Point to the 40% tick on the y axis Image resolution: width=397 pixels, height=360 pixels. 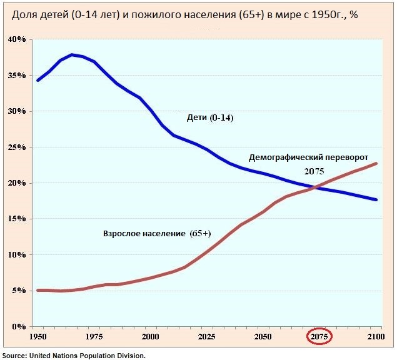coord(16,39)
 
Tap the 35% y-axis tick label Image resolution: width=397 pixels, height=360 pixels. coord(16,76)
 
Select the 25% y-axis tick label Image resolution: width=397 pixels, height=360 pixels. coord(16,147)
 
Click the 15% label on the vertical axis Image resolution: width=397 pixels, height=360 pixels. coord(16,219)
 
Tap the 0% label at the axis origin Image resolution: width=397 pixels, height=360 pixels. coord(18,327)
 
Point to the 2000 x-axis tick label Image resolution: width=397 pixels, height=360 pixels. coord(150,337)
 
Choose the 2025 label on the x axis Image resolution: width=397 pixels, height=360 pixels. coord(206,337)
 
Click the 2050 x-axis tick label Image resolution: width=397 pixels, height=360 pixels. coord(262,337)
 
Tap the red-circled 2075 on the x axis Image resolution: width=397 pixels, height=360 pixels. coord(319,337)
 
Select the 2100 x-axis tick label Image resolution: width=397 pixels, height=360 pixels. coord(375,337)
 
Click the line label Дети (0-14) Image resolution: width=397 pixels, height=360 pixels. coord(210,117)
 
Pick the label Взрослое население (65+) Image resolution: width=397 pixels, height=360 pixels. coord(157,233)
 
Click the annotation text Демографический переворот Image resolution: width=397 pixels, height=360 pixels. coord(309,157)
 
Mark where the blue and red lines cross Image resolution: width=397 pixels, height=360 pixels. coord(315,187)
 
